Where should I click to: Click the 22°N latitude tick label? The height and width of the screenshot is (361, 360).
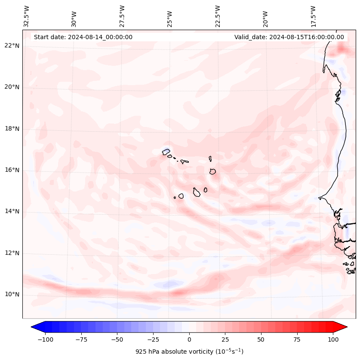point(12,46)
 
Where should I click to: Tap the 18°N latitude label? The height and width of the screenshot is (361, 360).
point(12,129)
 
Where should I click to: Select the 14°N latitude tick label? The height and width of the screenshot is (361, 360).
point(12,211)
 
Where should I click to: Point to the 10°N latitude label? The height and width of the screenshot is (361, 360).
point(12,294)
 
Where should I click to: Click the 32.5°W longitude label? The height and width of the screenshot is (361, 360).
point(27,16)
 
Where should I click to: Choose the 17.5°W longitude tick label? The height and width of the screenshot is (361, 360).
point(313,16)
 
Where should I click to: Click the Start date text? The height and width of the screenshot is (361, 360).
point(83,37)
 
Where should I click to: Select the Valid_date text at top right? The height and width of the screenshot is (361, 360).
point(289,37)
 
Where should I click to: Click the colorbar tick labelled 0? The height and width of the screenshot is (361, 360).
point(189,339)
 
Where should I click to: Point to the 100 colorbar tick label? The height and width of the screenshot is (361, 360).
point(333,339)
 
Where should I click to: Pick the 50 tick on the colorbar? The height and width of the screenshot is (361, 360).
point(261,339)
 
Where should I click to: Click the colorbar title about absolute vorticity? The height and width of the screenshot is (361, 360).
point(189,352)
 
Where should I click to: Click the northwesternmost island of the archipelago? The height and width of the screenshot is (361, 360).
point(166,151)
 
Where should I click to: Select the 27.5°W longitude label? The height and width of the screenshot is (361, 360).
point(122,16)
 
